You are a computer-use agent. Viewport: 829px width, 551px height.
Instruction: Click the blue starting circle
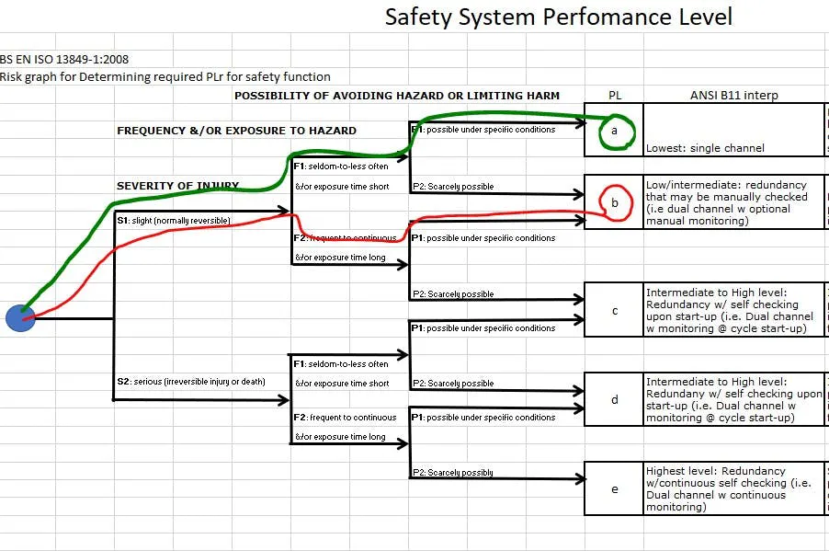tap(20, 318)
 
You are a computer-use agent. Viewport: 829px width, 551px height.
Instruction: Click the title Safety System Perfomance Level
tap(558, 17)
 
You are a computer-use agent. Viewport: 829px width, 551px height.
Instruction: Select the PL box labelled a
tap(614, 132)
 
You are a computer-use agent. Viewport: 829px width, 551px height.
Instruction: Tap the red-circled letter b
tap(615, 202)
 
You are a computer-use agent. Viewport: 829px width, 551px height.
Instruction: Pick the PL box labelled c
tap(614, 310)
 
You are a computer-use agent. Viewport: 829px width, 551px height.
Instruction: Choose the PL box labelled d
tap(614, 399)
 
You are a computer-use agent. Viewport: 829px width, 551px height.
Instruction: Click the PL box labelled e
tap(614, 488)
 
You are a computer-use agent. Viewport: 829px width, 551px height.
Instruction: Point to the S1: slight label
tap(173, 220)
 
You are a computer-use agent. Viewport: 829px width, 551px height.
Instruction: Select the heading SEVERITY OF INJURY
tap(177, 186)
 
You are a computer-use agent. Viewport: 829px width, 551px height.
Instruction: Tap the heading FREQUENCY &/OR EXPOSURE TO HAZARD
tap(236, 131)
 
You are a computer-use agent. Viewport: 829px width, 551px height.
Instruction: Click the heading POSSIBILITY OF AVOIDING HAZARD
tap(396, 96)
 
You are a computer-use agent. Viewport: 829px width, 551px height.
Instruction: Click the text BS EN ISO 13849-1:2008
tap(64, 59)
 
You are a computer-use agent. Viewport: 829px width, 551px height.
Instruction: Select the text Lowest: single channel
tap(705, 147)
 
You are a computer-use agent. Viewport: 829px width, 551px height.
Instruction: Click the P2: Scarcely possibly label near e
tap(451, 473)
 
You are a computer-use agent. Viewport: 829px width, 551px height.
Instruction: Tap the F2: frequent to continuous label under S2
tap(346, 418)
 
